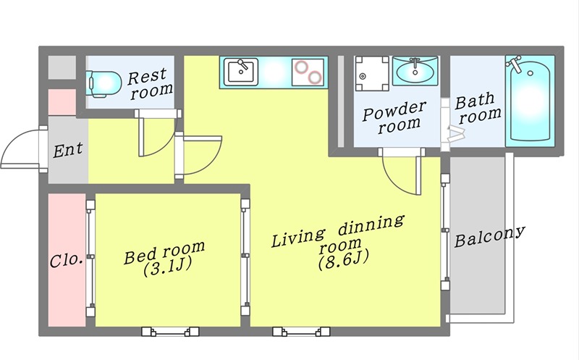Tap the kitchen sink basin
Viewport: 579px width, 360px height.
pos(240,71)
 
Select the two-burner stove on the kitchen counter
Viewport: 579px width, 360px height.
pos(307,72)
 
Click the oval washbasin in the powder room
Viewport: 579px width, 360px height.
pos(415,70)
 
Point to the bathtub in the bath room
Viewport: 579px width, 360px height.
pos(530,101)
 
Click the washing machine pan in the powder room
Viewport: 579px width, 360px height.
pos(371,74)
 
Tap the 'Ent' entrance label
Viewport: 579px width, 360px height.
pos(68,150)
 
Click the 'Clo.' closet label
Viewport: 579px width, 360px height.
pos(66,261)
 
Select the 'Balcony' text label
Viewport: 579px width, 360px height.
pos(489,237)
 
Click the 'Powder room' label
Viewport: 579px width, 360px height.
pos(394,117)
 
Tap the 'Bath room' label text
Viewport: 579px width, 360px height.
pos(478,107)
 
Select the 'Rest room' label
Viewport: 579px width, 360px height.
pos(150,84)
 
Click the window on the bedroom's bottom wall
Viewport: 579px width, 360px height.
pos(171,332)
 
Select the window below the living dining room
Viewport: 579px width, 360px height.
pos(301,332)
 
